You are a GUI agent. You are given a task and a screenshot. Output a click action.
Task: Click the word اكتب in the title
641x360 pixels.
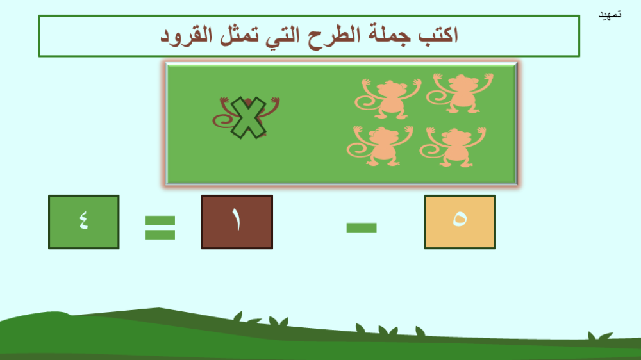pyautogui.click(x=438, y=35)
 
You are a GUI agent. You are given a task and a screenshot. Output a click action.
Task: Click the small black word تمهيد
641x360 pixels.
pyautogui.click(x=610, y=15)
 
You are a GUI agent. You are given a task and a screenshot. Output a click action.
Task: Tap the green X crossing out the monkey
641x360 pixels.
pyautogui.click(x=247, y=117)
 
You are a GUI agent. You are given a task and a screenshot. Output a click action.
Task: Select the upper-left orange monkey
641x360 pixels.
pyautogui.click(x=389, y=99)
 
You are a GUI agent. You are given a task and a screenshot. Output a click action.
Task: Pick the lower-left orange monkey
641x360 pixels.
pyautogui.click(x=381, y=146)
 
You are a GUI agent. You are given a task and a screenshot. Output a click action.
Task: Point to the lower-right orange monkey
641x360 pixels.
pyautogui.click(x=454, y=147)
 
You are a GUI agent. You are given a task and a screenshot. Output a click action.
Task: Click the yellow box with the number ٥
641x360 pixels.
pyautogui.click(x=460, y=222)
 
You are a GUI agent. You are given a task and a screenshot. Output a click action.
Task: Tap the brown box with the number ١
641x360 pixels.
pyautogui.click(x=237, y=222)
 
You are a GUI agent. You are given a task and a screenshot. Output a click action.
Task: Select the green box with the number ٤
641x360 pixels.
pyautogui.click(x=84, y=222)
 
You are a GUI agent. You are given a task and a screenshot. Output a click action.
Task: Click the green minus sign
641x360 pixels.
pyautogui.click(x=362, y=227)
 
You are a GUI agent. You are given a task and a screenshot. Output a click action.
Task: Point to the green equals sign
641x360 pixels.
pyautogui.click(x=160, y=227)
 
